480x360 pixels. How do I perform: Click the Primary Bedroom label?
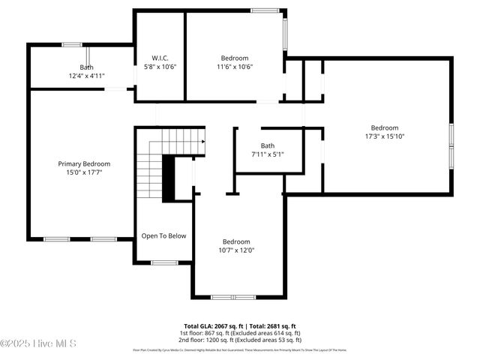[x=84, y=163]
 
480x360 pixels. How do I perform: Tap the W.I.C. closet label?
[x=160, y=58]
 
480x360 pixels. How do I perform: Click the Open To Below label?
[x=163, y=235]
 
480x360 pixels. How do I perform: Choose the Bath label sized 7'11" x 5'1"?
[x=268, y=145]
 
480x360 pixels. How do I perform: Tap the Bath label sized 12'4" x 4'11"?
[x=87, y=67]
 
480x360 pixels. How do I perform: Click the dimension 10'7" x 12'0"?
[x=236, y=250]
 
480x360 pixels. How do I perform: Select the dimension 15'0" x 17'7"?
[x=84, y=172]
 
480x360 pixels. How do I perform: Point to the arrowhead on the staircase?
[x=202, y=139]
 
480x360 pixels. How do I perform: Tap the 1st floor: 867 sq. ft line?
[x=240, y=333]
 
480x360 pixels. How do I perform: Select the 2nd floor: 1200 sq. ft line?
[x=240, y=340]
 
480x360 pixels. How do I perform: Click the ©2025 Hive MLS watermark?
[x=39, y=343]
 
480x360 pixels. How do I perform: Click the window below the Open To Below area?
[x=163, y=262]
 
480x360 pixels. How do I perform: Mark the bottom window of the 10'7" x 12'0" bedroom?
[x=233, y=297]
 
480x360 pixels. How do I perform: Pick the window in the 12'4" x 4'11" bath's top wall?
[x=72, y=44]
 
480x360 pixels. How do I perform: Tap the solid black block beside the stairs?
[x=169, y=178]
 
